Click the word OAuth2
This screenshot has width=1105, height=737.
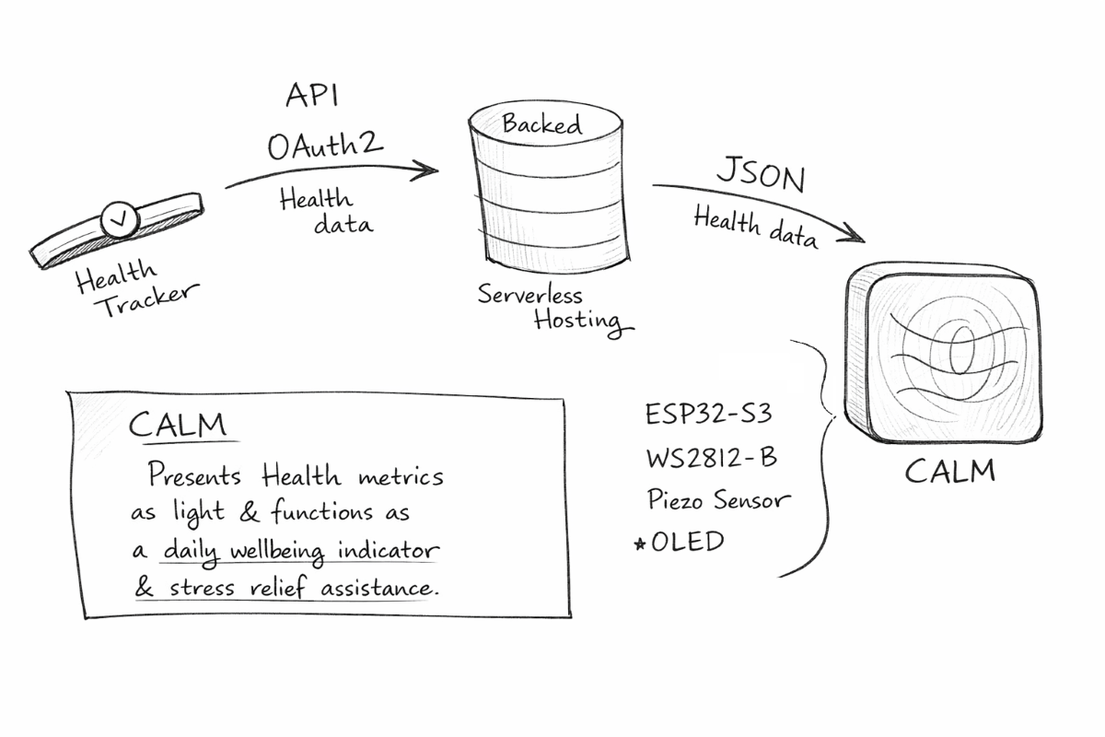click(x=325, y=146)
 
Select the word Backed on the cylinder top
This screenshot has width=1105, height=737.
click(x=541, y=123)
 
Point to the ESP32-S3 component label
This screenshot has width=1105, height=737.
click(x=708, y=414)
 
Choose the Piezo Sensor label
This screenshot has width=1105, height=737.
click(x=718, y=499)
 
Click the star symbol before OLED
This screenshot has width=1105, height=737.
click(x=640, y=544)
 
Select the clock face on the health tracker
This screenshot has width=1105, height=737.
click(x=120, y=218)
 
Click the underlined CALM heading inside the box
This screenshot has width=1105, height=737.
click(x=178, y=426)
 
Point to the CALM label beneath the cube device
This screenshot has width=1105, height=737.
click(x=949, y=471)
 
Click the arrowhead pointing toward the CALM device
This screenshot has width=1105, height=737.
click(x=855, y=236)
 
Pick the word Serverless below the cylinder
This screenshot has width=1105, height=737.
click(x=529, y=295)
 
